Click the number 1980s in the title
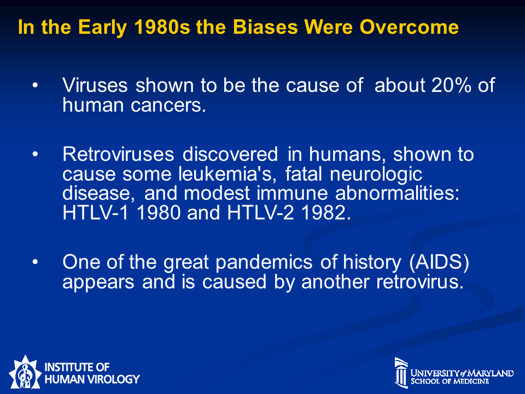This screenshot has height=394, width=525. point(162,27)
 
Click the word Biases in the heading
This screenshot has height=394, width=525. point(265,27)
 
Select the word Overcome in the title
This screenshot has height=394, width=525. point(409,27)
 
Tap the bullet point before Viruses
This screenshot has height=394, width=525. point(35,85)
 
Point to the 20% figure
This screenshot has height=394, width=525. point(451,85)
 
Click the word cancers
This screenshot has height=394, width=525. point(168,105)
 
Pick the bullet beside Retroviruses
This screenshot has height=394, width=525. point(35,154)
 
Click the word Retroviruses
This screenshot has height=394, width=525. point(118,154)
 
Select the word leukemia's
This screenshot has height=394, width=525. point(227,173)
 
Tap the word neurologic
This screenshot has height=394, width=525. point(376,174)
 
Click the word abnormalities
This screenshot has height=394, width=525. point(398,193)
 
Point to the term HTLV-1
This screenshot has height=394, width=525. point(95,212)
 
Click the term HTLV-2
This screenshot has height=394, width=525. point(260,212)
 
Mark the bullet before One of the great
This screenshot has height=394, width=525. point(35,262)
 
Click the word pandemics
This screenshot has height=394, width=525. point(264,262)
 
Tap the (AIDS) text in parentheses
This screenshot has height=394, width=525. point(439,262)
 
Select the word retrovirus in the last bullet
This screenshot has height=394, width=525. point(420,282)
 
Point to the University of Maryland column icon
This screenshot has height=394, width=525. point(401,372)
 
